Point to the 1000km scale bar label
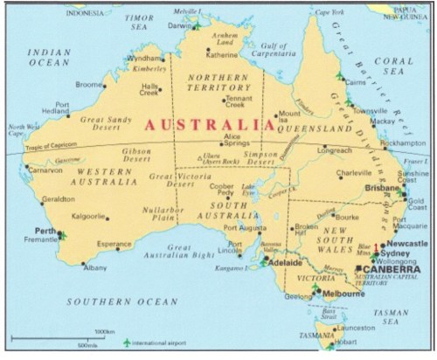point(104,333)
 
